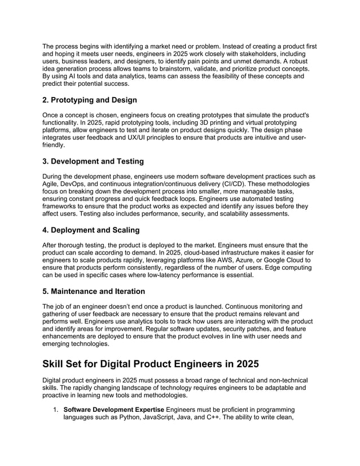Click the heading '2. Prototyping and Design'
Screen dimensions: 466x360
pyautogui.click(x=90, y=100)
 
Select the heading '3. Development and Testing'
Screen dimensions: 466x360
pyautogui.click(x=93, y=162)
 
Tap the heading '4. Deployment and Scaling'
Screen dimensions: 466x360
pyautogui.click(x=91, y=231)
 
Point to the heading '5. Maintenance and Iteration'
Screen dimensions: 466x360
pyautogui.click(x=94, y=292)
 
